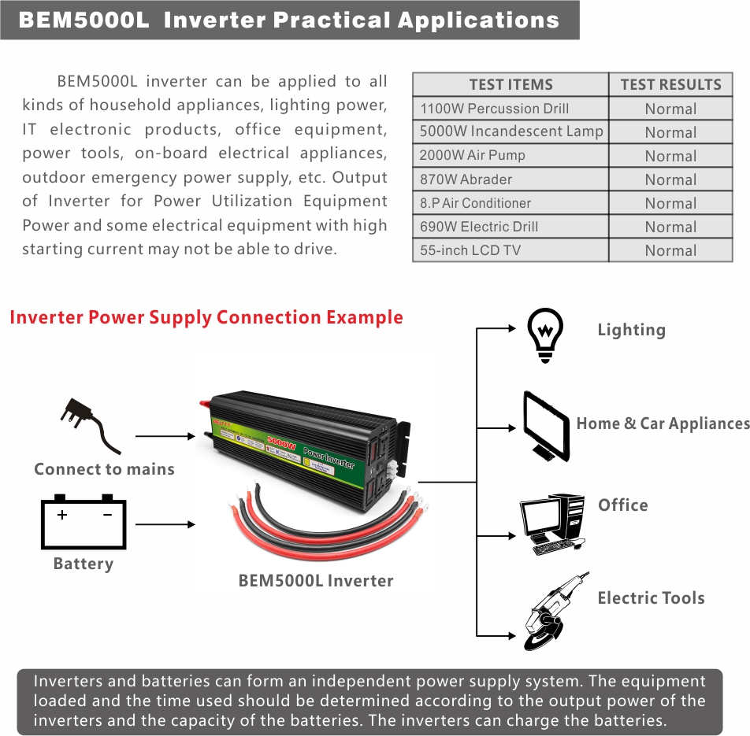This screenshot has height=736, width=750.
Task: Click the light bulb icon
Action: [x=545, y=334]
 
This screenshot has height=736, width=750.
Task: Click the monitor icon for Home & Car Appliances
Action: [x=547, y=426]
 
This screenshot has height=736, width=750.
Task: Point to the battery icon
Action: [x=83, y=523]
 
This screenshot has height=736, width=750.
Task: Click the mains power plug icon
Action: [x=90, y=426]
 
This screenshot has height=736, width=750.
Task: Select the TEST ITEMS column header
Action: [x=511, y=85]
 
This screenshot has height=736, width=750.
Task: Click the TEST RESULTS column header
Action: [x=670, y=85]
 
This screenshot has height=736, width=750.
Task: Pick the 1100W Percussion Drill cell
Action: [x=494, y=109]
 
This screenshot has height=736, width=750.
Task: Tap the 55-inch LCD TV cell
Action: [x=470, y=250]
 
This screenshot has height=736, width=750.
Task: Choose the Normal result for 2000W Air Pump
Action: [x=670, y=156]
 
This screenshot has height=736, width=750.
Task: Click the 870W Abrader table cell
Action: [x=466, y=179]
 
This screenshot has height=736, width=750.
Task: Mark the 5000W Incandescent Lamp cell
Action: [x=511, y=132]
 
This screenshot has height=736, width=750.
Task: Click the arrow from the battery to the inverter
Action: [x=165, y=524]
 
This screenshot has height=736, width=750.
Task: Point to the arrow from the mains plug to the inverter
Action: [x=165, y=435]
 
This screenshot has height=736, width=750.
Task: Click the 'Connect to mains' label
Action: [x=104, y=470]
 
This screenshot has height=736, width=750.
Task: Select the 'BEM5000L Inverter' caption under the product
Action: [x=315, y=581]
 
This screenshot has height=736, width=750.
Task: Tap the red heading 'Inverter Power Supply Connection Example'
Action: [x=206, y=318]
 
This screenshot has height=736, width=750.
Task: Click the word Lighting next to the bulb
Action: [x=631, y=331]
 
